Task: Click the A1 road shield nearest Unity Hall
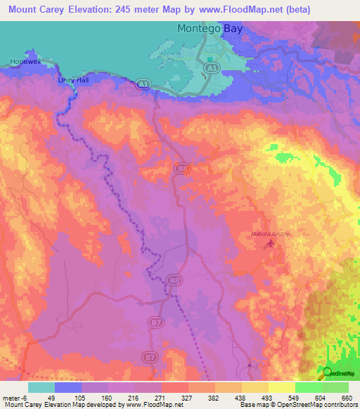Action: (143, 84)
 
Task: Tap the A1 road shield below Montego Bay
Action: (210, 65)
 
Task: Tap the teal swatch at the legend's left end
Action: (41, 387)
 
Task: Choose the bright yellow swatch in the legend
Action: (281, 387)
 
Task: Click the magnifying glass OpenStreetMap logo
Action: (326, 373)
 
